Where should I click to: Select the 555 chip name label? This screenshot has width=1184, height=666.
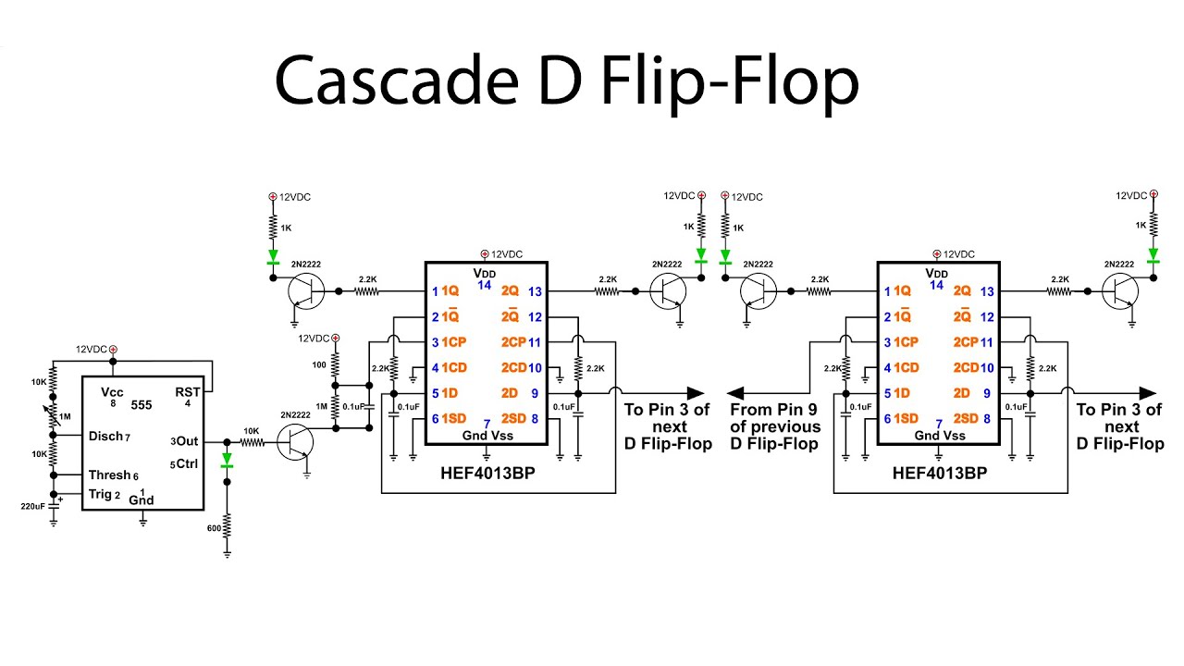coord(141,404)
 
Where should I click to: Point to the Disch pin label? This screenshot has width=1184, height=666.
coord(105,437)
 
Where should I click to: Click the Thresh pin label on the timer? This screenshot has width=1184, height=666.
coord(109,475)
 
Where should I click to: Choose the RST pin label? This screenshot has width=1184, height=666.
coord(188,392)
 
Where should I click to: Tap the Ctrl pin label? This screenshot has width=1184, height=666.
coord(188,463)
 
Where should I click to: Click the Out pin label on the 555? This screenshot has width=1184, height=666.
coord(188,441)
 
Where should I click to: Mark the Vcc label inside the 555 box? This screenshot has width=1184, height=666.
coord(113,392)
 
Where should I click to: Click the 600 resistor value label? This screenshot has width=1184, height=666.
coord(215,527)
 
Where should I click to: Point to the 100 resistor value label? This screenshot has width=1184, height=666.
coord(319,365)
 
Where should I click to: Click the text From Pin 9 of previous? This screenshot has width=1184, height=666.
coord(775,418)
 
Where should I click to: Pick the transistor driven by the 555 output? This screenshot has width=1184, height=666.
coord(295,444)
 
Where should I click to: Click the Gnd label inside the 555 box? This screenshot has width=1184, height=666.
coord(142,500)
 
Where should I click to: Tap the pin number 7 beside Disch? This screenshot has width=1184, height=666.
coord(128,437)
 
